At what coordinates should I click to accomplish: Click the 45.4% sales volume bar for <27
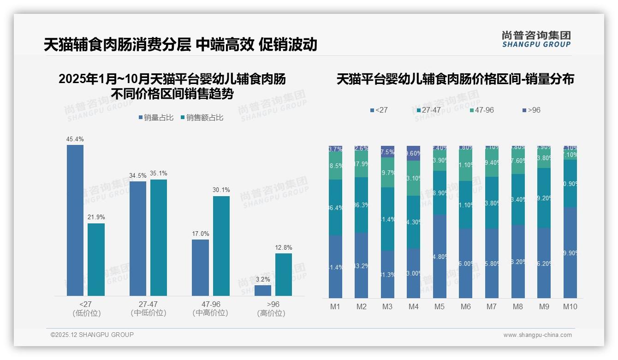tap(75, 220)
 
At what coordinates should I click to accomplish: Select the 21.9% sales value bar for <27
tap(96, 259)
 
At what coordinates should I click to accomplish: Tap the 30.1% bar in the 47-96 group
tap(221, 246)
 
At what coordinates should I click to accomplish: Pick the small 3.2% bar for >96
tap(262, 290)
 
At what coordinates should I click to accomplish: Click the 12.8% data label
tap(283, 247)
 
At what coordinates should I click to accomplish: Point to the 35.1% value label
tap(159, 174)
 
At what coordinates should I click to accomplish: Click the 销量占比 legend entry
tap(156, 118)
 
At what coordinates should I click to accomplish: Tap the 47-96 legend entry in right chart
tap(481, 110)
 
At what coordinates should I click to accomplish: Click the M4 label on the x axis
tap(413, 306)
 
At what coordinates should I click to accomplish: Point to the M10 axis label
tap(570, 306)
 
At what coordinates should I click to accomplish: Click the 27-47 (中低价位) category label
tap(148, 308)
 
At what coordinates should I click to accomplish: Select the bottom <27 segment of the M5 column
tap(440, 256)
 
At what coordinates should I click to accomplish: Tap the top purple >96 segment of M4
tap(414, 153)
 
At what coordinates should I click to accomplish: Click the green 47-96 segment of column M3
tap(387, 172)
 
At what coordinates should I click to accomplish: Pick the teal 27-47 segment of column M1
tap(335, 207)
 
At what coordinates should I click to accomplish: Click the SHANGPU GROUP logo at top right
tap(536, 39)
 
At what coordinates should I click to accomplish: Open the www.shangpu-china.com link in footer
tap(537, 335)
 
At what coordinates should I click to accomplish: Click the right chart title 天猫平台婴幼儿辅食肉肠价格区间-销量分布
tap(455, 79)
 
